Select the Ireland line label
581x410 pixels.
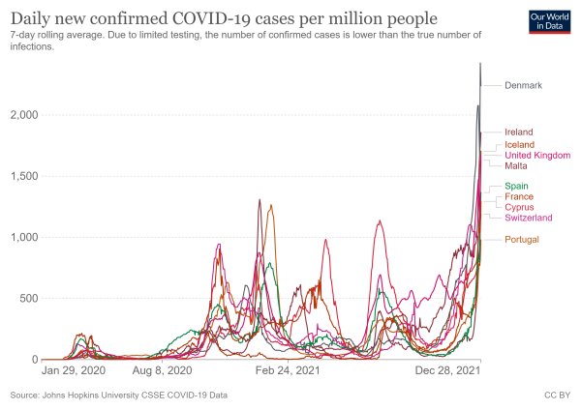(519, 132)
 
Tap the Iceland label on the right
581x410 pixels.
(519, 144)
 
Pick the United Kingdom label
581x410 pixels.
(537, 155)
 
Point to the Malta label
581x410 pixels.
(516, 165)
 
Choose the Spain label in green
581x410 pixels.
(516, 186)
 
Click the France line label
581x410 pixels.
(519, 196)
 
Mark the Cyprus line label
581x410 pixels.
(519, 207)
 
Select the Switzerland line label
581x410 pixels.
(529, 218)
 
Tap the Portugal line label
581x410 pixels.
(522, 239)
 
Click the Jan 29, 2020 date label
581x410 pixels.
(72, 370)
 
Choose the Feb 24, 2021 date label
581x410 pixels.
(288, 370)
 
